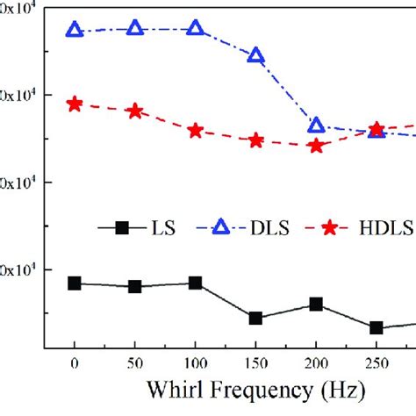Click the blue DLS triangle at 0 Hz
point(75,31)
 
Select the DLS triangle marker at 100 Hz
point(195,29)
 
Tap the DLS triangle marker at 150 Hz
point(255,55)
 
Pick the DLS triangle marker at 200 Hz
point(316,126)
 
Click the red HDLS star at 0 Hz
point(75,104)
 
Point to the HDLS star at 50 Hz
point(135,111)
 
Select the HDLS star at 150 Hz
point(255,140)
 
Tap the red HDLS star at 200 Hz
point(316,146)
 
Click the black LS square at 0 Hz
point(75,283)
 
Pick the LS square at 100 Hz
point(195,283)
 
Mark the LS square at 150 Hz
point(255,318)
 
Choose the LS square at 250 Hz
point(377,327)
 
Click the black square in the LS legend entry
point(122,227)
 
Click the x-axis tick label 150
point(255,362)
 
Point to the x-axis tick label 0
point(75,362)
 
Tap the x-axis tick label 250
point(377,362)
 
